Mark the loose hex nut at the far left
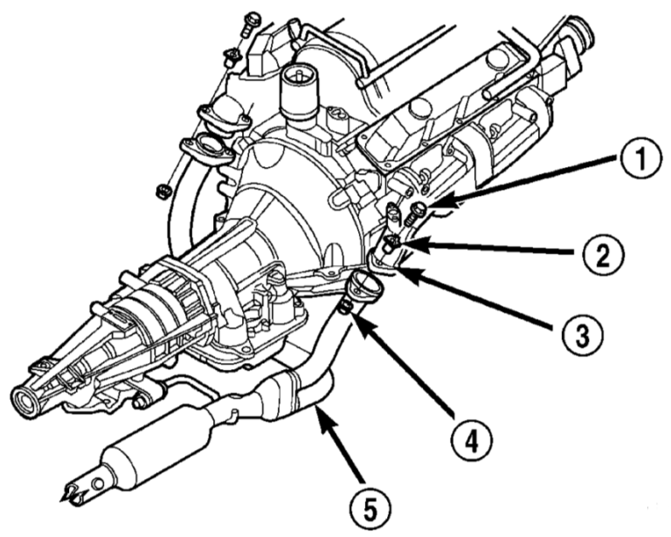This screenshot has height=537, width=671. tap(161, 190)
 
